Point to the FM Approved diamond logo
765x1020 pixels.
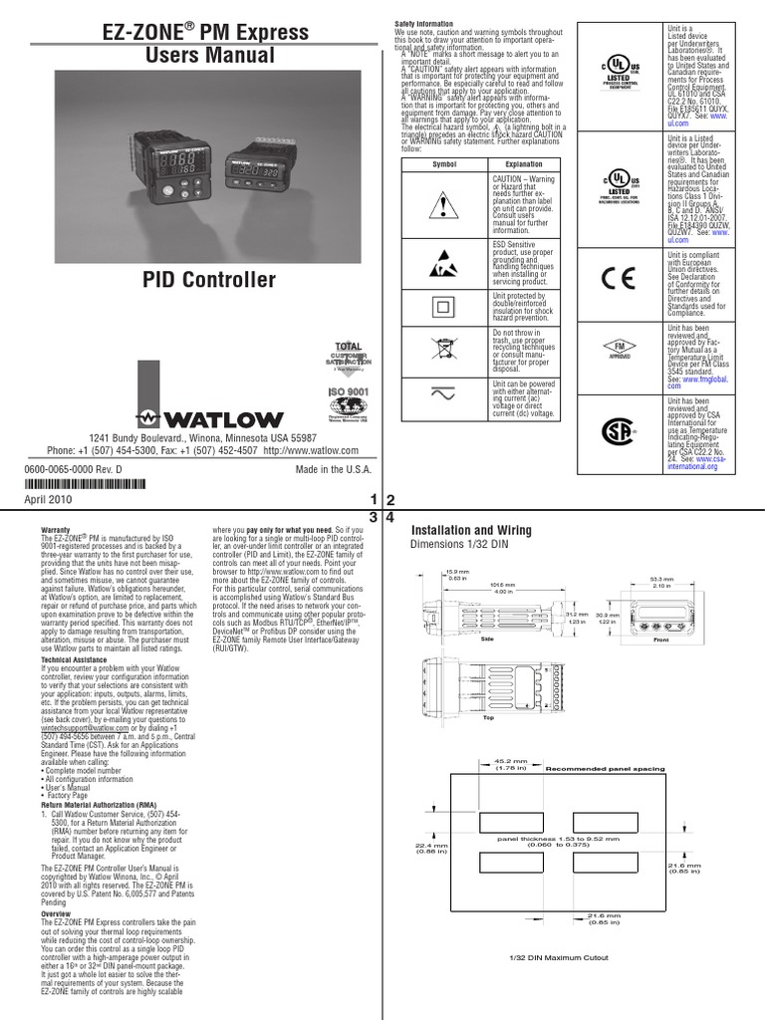(x=620, y=349)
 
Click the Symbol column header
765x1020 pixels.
(x=443, y=163)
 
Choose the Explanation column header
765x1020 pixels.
(x=523, y=163)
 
